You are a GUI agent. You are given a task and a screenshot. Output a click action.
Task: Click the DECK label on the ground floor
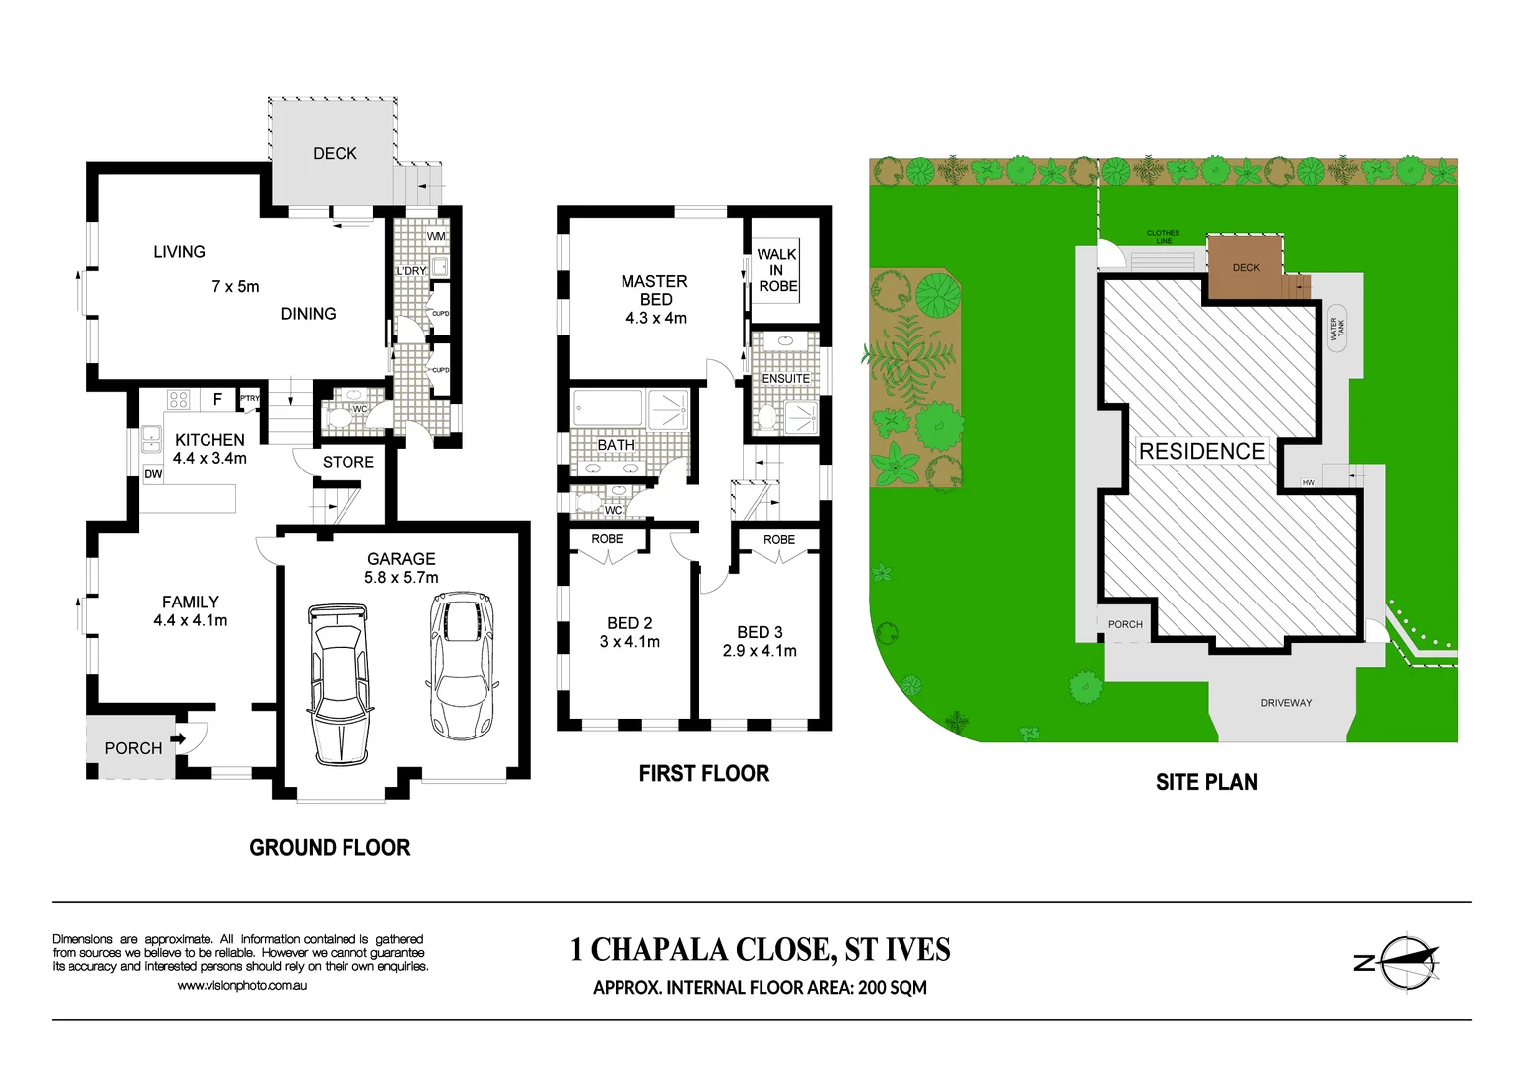335,153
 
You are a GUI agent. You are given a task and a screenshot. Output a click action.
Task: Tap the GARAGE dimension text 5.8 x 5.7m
401,578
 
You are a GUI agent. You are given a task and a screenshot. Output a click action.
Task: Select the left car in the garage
339,685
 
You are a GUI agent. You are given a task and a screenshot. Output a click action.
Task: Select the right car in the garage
462,665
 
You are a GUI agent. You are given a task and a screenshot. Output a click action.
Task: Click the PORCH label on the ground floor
133,748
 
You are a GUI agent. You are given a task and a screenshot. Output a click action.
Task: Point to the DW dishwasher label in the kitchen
153,474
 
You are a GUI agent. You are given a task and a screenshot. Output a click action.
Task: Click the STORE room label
347,462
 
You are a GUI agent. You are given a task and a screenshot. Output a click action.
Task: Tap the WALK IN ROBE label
777,270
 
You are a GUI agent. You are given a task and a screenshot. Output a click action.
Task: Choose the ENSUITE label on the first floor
785,379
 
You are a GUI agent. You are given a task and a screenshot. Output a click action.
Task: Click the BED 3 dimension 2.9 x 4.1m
760,651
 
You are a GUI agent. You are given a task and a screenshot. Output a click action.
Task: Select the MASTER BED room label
654,290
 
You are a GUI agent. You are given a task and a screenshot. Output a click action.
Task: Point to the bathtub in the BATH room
608,410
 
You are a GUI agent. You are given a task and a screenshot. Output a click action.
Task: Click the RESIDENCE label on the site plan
1201,451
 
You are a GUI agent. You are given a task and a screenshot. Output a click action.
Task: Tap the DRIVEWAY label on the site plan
1286,703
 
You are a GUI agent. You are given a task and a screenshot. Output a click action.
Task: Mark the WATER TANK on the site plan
1336,329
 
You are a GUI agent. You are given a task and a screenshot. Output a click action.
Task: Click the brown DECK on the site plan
1245,267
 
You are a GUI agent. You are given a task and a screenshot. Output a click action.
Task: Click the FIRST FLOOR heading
704,774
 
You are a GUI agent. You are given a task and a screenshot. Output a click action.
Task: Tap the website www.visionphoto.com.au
241,986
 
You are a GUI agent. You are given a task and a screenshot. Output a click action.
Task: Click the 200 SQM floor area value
893,988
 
